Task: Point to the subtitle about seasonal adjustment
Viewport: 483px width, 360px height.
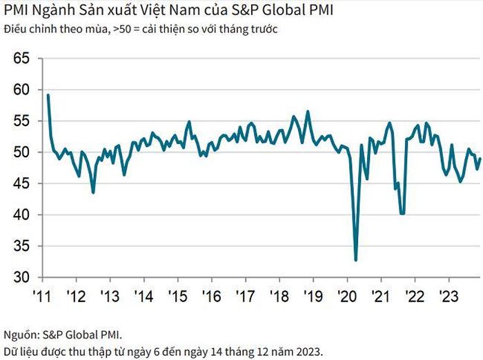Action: [141, 29]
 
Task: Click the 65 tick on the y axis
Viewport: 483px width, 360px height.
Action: [21, 58]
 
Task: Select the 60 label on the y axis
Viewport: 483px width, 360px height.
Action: [21, 90]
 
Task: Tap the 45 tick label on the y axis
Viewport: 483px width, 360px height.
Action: [21, 183]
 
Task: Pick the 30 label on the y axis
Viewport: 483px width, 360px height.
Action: [21, 277]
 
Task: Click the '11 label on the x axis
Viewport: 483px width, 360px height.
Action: [42, 297]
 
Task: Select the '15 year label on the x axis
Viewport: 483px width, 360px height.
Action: [178, 297]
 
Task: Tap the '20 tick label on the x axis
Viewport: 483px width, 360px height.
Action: [347, 297]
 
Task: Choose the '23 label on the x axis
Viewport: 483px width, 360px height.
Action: [448, 297]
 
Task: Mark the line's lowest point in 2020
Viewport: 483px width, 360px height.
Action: [356, 260]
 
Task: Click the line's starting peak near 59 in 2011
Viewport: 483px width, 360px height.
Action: [48, 95]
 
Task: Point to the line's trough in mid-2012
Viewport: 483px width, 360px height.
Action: [93, 192]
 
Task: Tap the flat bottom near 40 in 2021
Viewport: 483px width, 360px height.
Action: [402, 213]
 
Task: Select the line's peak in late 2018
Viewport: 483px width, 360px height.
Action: [308, 112]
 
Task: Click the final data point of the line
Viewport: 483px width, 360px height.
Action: [480, 159]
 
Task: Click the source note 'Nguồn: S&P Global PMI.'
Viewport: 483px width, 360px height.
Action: [63, 334]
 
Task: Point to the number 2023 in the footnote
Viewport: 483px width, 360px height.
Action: [308, 351]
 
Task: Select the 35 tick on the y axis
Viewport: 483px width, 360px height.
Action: [21, 246]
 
